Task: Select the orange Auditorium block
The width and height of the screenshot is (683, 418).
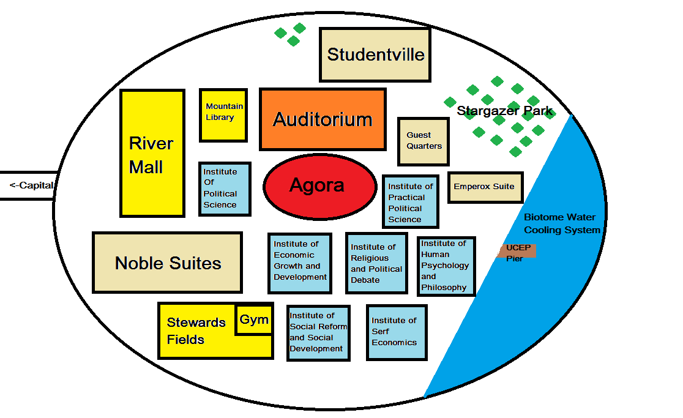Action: [x=323, y=119]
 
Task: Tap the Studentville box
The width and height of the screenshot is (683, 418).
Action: [x=375, y=54]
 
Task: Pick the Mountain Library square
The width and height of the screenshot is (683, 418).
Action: [x=223, y=115]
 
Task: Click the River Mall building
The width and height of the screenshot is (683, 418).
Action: [x=152, y=153]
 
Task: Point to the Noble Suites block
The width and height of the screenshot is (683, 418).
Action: [x=167, y=263]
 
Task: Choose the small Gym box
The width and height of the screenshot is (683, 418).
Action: [x=254, y=320]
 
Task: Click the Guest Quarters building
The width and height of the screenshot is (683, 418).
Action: [x=424, y=141]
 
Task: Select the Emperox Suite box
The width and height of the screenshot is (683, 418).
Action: [x=486, y=187]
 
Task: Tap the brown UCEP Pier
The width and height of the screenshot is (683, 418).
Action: [x=518, y=251]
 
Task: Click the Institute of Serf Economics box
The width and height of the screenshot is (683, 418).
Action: [x=397, y=332]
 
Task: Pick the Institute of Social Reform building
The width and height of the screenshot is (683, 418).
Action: [x=318, y=332]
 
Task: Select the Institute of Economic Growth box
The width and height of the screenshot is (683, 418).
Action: [x=300, y=263]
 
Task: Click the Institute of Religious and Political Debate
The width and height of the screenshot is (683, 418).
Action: [x=376, y=263]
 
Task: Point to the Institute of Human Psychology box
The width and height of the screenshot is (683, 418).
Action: [x=446, y=266]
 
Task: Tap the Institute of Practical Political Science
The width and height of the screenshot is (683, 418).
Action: [x=410, y=201]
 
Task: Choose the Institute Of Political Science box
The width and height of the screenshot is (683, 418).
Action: [x=225, y=188]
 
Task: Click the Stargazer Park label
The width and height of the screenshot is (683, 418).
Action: [x=504, y=111]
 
